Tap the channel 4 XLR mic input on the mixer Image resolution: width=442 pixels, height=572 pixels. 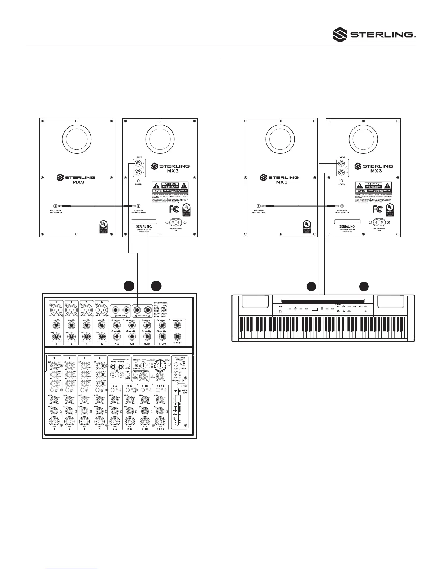101,310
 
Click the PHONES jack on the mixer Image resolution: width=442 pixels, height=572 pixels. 177,337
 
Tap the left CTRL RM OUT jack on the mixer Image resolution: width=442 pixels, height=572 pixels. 137,310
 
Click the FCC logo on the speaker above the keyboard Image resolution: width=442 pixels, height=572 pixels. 377,209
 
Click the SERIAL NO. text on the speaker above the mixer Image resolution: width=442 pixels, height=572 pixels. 143,226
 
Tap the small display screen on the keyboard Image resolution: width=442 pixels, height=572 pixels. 315,309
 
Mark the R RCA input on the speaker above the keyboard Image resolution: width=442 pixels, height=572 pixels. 341,173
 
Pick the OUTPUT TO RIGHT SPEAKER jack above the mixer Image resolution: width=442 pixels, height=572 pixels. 138,206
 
